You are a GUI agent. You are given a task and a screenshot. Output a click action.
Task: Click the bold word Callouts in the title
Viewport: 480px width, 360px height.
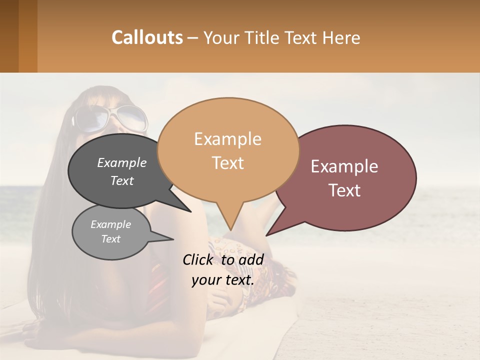click(x=147, y=37)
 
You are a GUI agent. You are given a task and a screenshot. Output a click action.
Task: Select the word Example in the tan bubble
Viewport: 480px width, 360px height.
click(x=227, y=139)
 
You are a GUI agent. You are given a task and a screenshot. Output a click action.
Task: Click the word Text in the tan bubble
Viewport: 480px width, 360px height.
click(x=227, y=163)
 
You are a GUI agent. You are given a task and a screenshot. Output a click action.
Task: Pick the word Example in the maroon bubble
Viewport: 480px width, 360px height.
click(x=344, y=166)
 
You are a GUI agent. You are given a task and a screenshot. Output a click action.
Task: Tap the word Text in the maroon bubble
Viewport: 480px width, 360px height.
click(x=344, y=190)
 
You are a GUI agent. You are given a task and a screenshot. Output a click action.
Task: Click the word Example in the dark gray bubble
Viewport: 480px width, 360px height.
click(x=121, y=162)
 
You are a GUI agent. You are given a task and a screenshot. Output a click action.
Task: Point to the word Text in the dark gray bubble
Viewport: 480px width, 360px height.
click(x=121, y=180)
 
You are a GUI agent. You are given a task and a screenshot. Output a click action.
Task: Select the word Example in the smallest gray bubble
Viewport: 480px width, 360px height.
click(x=110, y=224)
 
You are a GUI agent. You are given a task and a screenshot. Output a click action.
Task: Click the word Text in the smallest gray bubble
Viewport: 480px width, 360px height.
click(x=110, y=239)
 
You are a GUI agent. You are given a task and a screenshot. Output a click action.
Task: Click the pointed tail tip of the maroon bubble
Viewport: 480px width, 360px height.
click(x=266, y=235)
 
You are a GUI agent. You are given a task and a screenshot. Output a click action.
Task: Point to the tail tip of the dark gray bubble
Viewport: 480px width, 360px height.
click(x=190, y=211)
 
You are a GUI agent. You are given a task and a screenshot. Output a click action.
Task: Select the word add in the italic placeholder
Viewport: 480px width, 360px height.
click(x=251, y=259)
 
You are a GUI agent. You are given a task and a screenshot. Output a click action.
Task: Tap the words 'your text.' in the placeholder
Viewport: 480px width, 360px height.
click(x=222, y=280)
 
